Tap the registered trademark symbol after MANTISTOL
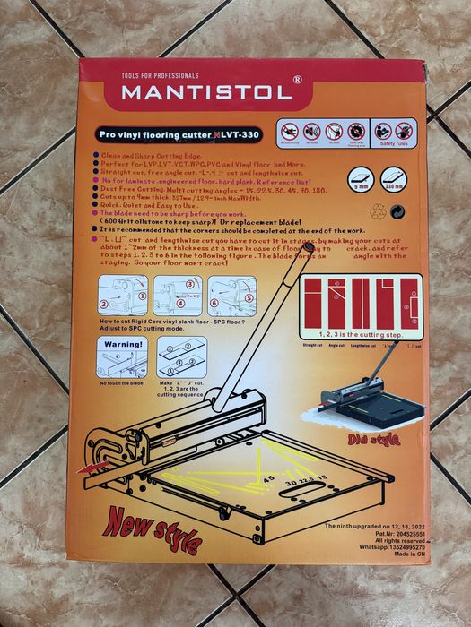tap(297, 80)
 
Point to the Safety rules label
tap(392, 143)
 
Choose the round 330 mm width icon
tap(393, 177)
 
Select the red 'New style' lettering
tap(153, 529)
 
